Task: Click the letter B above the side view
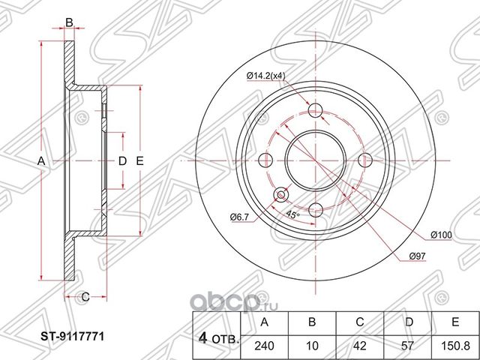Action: pyautogui.click(x=69, y=23)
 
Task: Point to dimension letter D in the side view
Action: pyautogui.click(x=121, y=161)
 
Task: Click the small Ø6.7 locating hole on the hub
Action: pyautogui.click(x=282, y=195)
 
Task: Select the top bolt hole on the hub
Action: pyautogui.click(x=316, y=111)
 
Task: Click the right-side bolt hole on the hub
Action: pyautogui.click(x=366, y=160)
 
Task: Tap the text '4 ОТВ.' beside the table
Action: pyautogui.click(x=217, y=338)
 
